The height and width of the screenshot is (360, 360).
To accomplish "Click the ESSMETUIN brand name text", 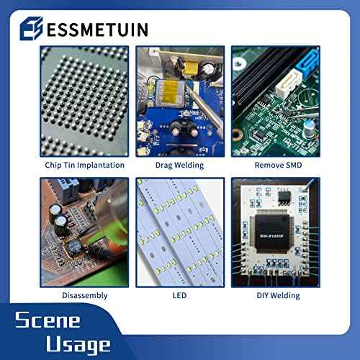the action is click(x=97, y=30).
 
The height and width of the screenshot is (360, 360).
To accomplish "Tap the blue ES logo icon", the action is click(x=32, y=29).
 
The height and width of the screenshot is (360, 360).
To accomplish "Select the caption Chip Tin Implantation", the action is click(x=84, y=165).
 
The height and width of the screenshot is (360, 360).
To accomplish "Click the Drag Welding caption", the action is click(x=179, y=165).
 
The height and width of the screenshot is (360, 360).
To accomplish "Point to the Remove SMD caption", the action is click(x=278, y=165).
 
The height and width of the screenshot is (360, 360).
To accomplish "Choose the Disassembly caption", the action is click(x=85, y=295).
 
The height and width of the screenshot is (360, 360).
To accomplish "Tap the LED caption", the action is click(x=179, y=295).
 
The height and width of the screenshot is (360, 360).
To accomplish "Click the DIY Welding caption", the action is click(x=278, y=295).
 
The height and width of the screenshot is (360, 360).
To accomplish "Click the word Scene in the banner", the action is click(x=48, y=320).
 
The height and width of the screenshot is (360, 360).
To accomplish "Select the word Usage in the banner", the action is click(x=78, y=345).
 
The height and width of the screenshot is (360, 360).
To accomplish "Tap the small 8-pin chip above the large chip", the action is click(x=284, y=197).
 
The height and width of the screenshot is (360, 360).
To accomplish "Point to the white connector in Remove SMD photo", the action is click(x=289, y=83).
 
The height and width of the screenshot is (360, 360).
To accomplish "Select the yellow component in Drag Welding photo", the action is click(x=189, y=67).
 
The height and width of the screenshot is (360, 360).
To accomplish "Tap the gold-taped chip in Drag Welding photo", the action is click(x=170, y=94).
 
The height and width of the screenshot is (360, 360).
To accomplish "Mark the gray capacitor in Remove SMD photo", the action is click(x=309, y=129).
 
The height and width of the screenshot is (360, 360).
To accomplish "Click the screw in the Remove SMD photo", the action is click(x=238, y=63).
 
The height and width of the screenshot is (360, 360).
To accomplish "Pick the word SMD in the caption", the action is click(x=293, y=165).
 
